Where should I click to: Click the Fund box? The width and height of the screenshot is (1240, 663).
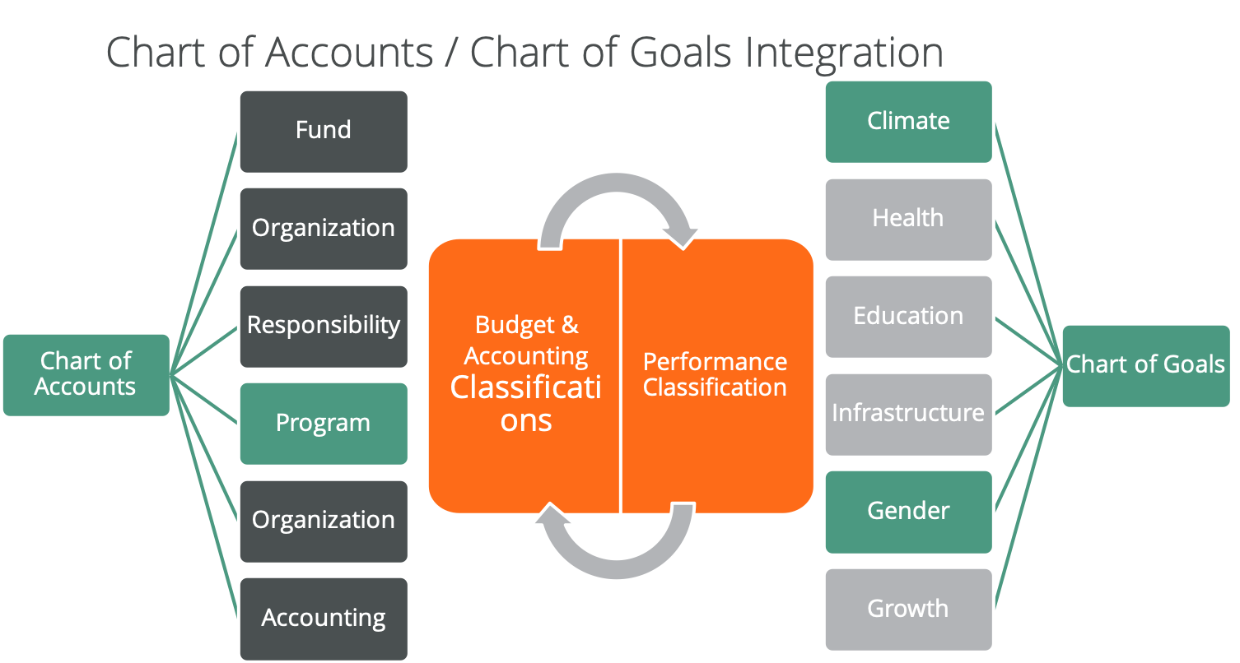tap(324, 132)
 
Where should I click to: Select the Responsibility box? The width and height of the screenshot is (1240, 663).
tap(324, 327)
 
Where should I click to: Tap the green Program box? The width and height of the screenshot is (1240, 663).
tap(324, 424)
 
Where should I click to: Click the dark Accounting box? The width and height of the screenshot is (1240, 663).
tap(324, 619)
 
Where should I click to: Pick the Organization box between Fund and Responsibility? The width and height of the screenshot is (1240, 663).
tap(324, 229)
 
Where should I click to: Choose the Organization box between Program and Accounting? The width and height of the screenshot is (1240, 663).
tap(324, 522)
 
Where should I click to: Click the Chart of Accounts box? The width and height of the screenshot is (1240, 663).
tap(86, 375)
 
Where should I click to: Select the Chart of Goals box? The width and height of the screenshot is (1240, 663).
tap(1146, 366)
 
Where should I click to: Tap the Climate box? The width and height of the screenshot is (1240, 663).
tap(908, 122)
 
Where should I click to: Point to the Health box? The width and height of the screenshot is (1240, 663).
tap(908, 220)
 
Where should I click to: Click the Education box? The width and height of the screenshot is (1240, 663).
tap(908, 317)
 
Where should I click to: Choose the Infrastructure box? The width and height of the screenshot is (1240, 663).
tap(908, 415)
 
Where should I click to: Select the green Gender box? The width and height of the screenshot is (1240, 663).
tap(908, 512)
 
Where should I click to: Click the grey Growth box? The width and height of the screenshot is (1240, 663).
tap(908, 610)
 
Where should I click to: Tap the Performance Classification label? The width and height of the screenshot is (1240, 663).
tap(715, 374)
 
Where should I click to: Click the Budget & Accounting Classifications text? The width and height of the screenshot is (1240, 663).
tap(526, 373)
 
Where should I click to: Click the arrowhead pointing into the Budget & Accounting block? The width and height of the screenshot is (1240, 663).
tap(552, 512)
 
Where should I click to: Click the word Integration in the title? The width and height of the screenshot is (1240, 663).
tap(844, 54)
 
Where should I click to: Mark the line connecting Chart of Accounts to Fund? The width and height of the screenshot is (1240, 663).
tap(203, 254)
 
